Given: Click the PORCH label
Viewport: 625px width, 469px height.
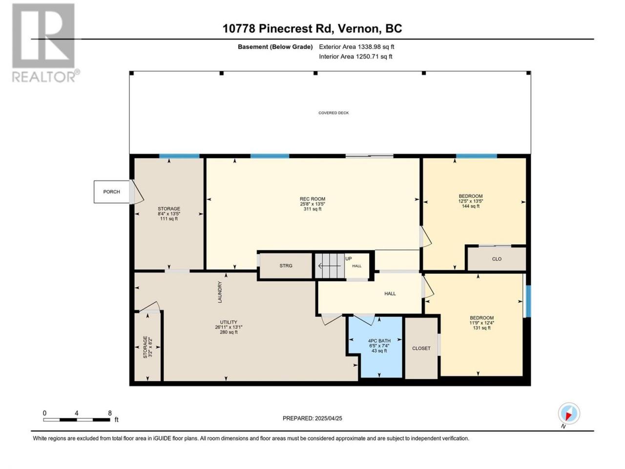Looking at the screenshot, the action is (x=111, y=192).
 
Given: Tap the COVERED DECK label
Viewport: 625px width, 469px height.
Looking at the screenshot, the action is (x=333, y=113).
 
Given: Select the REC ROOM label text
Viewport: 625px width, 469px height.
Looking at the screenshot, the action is (x=312, y=199).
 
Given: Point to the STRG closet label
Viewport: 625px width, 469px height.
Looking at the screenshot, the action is (x=286, y=265).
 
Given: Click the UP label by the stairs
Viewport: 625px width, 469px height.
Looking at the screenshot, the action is (x=349, y=258).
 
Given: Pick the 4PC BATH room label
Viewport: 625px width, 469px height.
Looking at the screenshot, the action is (x=379, y=341).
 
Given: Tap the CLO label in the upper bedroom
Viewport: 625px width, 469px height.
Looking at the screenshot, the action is (x=497, y=259).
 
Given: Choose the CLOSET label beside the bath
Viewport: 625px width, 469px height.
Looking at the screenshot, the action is (x=421, y=348).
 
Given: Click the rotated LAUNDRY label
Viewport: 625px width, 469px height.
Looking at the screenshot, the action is (x=220, y=292).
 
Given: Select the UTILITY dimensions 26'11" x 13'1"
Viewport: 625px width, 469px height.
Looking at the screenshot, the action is (x=229, y=327).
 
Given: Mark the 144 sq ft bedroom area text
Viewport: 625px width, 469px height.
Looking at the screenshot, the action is (x=471, y=206).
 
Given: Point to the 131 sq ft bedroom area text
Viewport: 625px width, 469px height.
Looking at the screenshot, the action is (x=482, y=328).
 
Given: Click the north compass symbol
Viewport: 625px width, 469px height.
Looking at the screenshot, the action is (x=569, y=414).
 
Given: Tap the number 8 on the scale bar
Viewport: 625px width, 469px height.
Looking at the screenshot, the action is (x=110, y=413).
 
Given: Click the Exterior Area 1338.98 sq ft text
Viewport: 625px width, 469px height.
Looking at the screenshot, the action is (x=356, y=47).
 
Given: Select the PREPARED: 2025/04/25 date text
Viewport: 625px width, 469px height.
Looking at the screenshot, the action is (x=312, y=418).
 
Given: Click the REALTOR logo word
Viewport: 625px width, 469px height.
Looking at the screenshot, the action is (x=44, y=77).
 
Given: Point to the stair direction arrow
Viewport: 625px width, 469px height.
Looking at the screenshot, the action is (x=329, y=266).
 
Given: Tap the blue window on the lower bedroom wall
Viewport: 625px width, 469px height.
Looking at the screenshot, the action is (x=528, y=301).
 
